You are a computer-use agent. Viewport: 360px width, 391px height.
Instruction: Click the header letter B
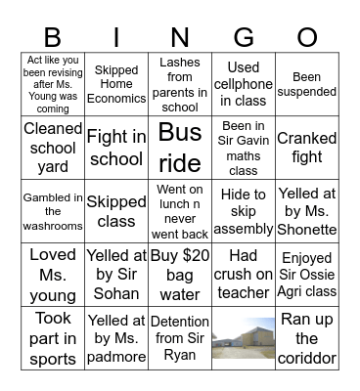52,36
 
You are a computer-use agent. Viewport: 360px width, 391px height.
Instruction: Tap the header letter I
115,36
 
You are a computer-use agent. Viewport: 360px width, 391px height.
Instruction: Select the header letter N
179,36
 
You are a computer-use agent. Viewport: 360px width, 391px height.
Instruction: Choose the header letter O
306,36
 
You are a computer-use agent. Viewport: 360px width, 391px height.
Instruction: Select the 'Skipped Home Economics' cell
116,84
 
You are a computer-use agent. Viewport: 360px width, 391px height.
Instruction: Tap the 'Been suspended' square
306,84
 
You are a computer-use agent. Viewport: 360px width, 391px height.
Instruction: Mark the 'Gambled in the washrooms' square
53,210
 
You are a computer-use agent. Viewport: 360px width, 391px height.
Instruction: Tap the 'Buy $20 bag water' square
179,274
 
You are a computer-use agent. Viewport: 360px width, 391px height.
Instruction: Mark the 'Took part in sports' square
53,337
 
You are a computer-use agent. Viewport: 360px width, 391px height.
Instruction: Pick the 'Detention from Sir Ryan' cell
179,337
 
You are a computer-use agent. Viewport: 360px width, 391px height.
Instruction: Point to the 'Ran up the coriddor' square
306,337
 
